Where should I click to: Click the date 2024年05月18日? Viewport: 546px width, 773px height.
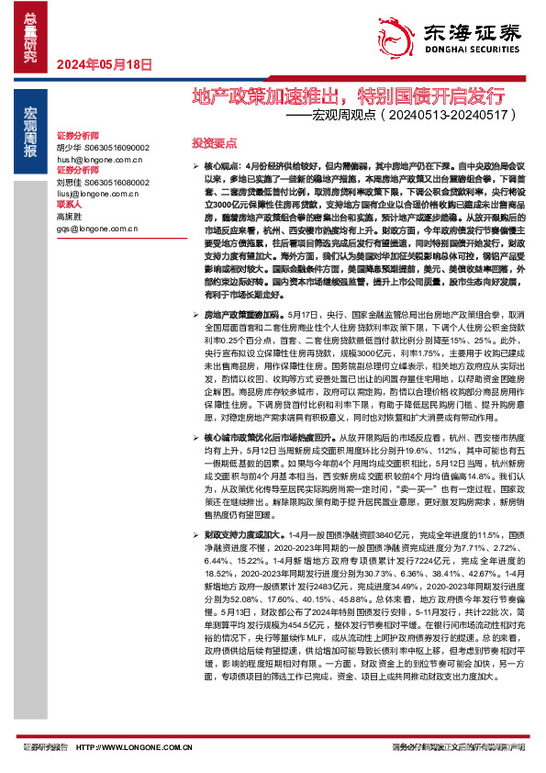pyautogui.click(x=103, y=64)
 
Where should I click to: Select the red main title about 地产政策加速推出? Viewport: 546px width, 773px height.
pyautogui.click(x=348, y=95)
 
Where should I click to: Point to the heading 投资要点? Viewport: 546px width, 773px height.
pyautogui.click(x=213, y=143)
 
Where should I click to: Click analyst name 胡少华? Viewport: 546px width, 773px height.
pyautogui.click(x=70, y=146)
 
